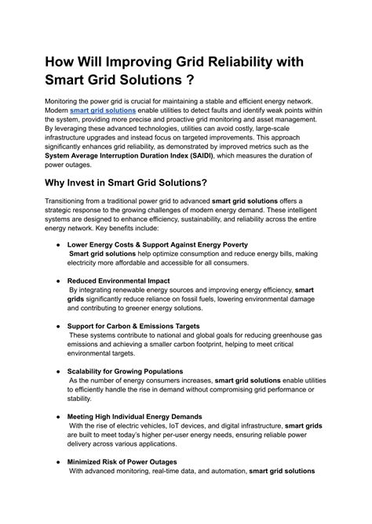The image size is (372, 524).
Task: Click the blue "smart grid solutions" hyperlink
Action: point(103,111)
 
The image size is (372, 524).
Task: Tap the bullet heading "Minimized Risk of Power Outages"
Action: point(122,461)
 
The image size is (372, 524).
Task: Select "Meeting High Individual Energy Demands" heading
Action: point(134,416)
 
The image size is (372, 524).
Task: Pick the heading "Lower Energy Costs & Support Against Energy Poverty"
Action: point(158,244)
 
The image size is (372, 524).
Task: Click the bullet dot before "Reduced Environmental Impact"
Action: point(58,280)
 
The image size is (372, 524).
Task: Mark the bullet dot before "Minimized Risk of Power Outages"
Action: point(58,461)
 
